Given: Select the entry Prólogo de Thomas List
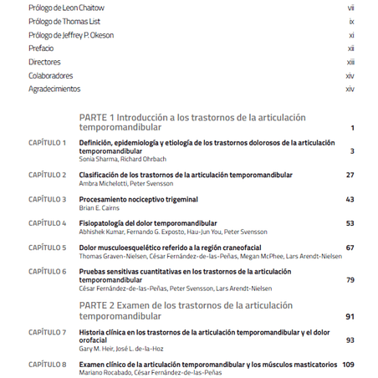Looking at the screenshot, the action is tap(64, 21).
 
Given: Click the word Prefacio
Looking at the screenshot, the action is tap(41, 49).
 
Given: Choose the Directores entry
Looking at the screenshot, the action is tap(44, 62).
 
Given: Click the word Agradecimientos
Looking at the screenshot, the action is tap(54, 89).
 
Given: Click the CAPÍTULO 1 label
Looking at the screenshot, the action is tap(47, 142).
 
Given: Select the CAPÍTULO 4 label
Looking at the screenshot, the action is tap(47, 223).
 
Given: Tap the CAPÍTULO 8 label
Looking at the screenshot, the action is tap(47, 365).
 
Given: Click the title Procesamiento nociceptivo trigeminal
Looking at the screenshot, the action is tap(138, 199).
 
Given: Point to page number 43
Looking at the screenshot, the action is tap(350, 199).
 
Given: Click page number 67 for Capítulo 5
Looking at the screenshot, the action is tap(350, 248).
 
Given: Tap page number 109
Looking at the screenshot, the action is tap(348, 365).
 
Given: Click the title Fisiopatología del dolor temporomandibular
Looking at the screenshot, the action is tap(148, 223).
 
